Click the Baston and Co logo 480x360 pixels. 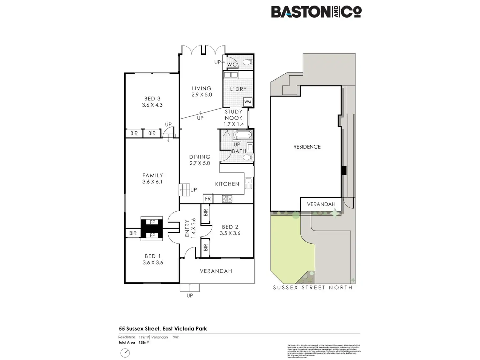[316, 12]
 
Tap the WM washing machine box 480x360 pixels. [247, 102]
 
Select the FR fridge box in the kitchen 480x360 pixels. [208, 199]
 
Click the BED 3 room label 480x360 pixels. [152, 98]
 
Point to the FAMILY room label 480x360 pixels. [153, 175]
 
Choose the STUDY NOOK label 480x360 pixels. [233, 115]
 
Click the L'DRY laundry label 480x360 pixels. [238, 89]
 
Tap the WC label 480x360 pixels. [232, 65]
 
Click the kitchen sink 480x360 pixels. [248, 183]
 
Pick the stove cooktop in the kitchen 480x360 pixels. [227, 199]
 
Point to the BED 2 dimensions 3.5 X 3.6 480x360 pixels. [230, 233]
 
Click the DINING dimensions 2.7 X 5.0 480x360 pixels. [200, 163]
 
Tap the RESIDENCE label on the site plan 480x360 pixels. [307, 147]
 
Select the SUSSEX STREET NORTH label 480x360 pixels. [313, 288]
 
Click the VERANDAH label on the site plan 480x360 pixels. [321, 204]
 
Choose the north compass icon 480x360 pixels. [125, 353]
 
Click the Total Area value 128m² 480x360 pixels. [143, 342]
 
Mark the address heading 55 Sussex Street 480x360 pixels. [163, 329]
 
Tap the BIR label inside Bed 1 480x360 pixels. [133, 233]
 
